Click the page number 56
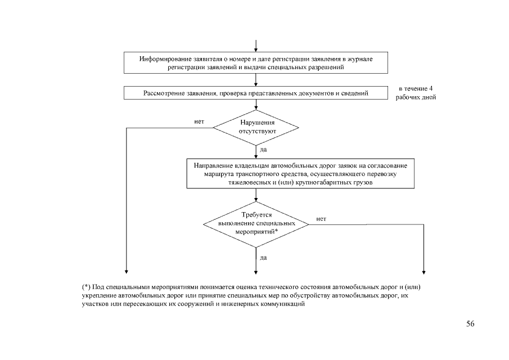click(x=470, y=324)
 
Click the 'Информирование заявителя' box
click(x=256, y=62)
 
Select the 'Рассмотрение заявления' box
click(x=256, y=93)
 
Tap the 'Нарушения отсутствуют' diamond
click(x=256, y=127)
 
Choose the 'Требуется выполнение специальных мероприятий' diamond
click(x=256, y=223)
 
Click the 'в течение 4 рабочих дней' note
click(x=416, y=93)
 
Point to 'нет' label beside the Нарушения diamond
click(x=199, y=121)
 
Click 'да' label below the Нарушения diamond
click(x=263, y=150)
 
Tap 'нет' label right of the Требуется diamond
click(x=321, y=218)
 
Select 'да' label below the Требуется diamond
click(x=263, y=258)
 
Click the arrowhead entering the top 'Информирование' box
click(x=256, y=50)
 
